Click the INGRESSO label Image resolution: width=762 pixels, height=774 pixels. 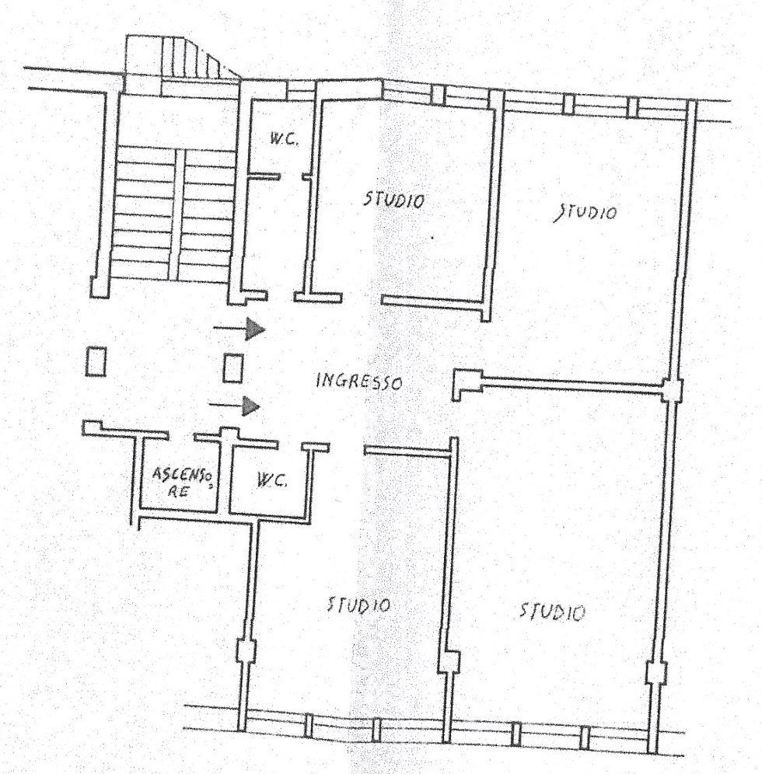coord(359,382)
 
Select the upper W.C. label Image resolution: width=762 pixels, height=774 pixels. coord(284,140)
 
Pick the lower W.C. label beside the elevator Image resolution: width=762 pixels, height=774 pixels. coord(271,479)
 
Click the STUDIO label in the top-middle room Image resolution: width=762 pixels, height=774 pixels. coord(393,200)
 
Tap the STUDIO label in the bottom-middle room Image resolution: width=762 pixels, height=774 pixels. coord(359,605)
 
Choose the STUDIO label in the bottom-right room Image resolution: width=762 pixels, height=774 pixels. coord(552,612)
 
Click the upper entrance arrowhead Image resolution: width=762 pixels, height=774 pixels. coord(256,329)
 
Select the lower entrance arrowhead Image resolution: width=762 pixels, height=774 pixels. coord(251,406)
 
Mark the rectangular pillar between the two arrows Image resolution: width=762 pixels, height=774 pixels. coord(232,368)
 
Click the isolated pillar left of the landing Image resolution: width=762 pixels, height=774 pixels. coord(96,361)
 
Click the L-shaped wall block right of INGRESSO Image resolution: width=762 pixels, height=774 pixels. coord(467,384)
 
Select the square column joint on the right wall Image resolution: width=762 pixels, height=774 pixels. coord(672,389)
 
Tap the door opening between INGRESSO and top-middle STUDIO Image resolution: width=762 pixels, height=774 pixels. coord(362,298)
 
